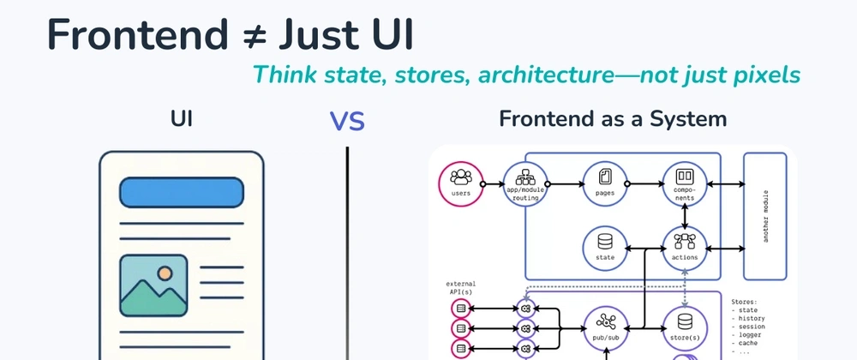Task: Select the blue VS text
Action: (347, 122)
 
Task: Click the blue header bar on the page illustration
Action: (180, 194)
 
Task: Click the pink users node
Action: (460, 183)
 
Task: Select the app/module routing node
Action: (525, 183)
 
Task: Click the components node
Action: (684, 183)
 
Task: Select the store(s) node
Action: (684, 327)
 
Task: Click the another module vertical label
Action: (764, 216)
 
